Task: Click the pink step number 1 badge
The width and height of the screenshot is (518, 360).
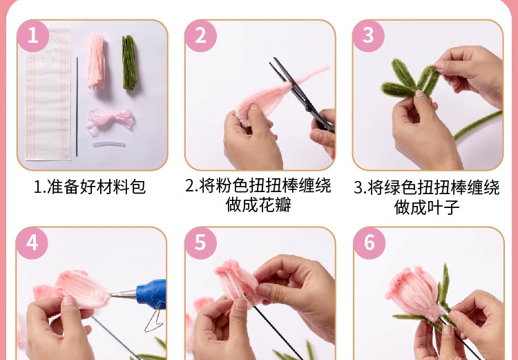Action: click(x=32, y=35)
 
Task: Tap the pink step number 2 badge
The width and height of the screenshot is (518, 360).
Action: click(x=200, y=35)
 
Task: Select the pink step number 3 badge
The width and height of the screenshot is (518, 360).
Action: click(x=368, y=35)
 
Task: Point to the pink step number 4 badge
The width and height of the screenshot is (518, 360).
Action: click(x=32, y=243)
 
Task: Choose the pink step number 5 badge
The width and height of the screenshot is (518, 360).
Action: click(x=200, y=243)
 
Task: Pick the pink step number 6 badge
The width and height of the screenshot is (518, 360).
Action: click(x=369, y=243)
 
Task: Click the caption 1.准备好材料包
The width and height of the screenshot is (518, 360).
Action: click(x=90, y=187)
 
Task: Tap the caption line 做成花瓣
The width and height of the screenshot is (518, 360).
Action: click(x=258, y=205)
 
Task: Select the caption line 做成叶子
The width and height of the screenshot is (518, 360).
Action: click(x=426, y=207)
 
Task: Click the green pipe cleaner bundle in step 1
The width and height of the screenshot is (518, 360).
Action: click(x=129, y=63)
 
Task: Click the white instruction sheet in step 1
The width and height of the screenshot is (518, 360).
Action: click(x=48, y=97)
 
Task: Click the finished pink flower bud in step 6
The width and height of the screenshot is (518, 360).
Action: click(x=412, y=291)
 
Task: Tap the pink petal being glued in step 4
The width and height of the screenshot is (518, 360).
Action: click(x=81, y=287)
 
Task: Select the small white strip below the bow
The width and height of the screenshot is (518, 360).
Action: click(x=109, y=144)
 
